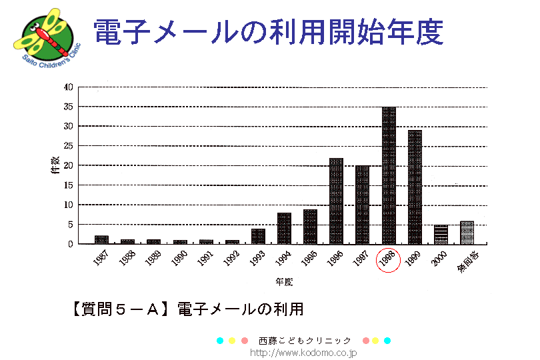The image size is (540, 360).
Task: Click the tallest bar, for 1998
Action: [389, 175]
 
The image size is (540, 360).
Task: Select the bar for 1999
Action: [415, 187]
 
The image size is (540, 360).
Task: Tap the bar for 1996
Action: [336, 201]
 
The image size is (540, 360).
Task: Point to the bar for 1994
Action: [284, 228]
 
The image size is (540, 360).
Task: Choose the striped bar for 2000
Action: [441, 235]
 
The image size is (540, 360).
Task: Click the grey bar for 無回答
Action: [467, 233]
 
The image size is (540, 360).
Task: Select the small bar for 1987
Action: [101, 240]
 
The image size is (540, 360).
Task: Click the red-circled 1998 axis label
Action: [388, 260]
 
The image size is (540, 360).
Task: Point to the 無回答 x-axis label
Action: [467, 259]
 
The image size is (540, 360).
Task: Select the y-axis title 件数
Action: [55, 165]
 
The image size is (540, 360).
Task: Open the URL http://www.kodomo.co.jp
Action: [303, 351]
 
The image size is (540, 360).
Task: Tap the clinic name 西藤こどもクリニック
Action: [304, 341]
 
